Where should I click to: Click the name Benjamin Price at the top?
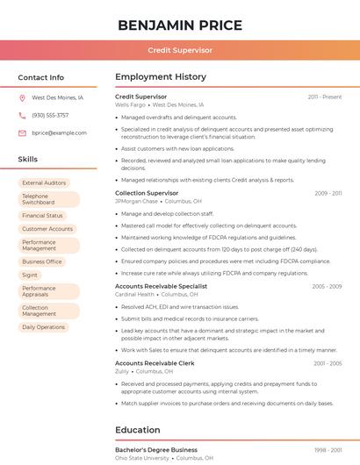point(179,24)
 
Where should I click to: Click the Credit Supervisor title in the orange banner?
point(179,50)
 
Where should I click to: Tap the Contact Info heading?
point(40,77)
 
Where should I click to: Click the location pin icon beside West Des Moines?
point(22,98)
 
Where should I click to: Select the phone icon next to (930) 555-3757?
point(22,115)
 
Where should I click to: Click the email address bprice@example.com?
point(59,132)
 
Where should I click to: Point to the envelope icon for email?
point(22,132)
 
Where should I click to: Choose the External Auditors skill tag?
point(44,182)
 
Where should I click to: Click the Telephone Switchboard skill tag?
point(39,199)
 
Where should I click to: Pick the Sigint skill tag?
point(31,275)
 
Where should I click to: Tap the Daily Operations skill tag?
point(43,327)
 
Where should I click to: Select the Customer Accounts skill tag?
point(47,229)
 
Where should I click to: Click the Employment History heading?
point(161,77)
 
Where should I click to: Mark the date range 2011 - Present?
point(324,97)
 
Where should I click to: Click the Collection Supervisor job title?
point(147,193)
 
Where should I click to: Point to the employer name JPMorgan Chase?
point(136,201)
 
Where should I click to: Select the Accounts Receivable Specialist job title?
point(161,286)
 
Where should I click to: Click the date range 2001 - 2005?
point(327,363)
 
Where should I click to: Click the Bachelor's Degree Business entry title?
point(155,450)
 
